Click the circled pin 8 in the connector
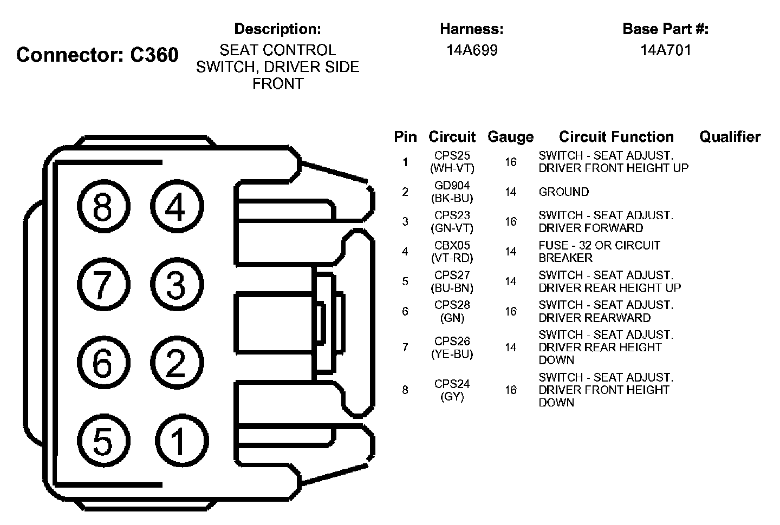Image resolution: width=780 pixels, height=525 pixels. (102, 206)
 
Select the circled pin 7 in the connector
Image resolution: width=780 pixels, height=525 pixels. (102, 284)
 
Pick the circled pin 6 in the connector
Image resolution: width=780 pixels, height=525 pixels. (102, 362)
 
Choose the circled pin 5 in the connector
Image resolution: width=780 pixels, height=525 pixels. (102, 441)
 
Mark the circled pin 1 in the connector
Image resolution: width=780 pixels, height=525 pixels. (178, 441)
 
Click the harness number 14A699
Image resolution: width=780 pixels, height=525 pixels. (471, 50)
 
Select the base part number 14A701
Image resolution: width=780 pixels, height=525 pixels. (665, 50)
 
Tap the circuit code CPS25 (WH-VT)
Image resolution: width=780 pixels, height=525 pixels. (452, 162)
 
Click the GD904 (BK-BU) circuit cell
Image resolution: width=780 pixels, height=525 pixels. (452, 192)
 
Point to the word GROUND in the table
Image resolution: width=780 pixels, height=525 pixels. (563, 192)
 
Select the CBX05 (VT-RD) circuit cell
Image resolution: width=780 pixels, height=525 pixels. (452, 251)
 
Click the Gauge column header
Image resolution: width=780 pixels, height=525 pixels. (510, 137)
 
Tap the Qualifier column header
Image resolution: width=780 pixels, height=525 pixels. (730, 137)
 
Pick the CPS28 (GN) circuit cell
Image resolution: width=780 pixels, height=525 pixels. (452, 311)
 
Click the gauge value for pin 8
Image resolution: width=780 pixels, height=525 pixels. (510, 390)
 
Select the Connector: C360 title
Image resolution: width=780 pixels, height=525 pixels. (97, 55)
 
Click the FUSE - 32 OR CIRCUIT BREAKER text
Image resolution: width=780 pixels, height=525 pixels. (599, 251)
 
